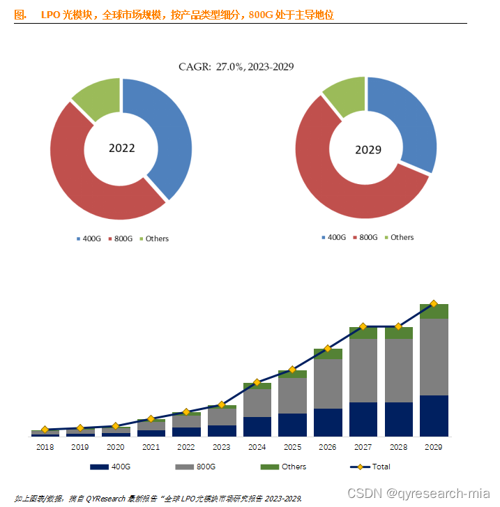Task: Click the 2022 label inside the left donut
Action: (122, 149)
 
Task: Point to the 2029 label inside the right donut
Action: (368, 150)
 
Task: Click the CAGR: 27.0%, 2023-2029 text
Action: (236, 67)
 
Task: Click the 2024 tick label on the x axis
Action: (257, 446)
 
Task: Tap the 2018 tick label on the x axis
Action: (45, 446)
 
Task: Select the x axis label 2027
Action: (363, 446)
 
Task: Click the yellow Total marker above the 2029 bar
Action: (434, 303)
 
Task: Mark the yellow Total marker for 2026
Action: (328, 350)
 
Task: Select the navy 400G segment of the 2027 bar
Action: (363, 418)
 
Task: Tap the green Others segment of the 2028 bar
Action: (398, 333)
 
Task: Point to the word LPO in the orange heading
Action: (51, 14)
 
